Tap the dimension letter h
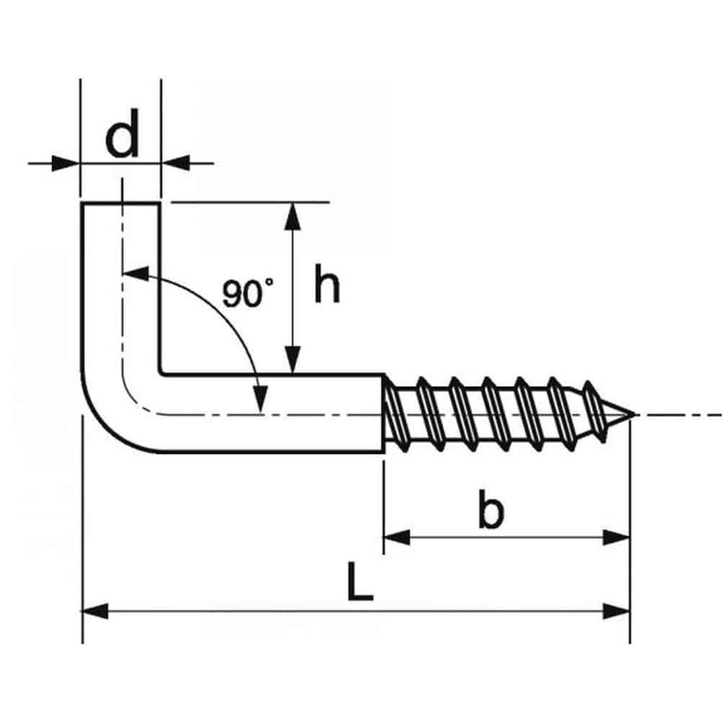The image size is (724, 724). [326, 286]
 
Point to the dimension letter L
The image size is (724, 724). [359, 583]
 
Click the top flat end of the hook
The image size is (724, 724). [120, 205]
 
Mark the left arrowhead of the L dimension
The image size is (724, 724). [94, 612]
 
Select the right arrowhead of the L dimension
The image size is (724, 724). [618, 612]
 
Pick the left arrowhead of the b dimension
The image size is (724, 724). [395, 537]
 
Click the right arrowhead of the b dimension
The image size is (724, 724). [617, 537]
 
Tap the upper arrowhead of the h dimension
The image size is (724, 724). [292, 215]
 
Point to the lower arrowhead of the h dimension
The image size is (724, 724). [292, 361]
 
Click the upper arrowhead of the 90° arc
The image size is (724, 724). [135, 274]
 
